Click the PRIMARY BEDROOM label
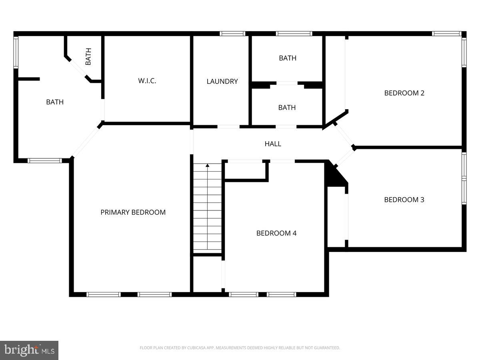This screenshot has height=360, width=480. [133, 212]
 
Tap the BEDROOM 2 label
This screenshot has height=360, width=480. [404, 93]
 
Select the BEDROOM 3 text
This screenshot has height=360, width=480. [404, 200]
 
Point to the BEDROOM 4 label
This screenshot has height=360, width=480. [276, 233]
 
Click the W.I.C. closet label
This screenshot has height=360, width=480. [147, 81]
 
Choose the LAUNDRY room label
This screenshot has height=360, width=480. [222, 82]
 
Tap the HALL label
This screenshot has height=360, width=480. [273, 144]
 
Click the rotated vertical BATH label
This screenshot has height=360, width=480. [88, 57]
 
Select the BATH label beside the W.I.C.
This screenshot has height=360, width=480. [55, 102]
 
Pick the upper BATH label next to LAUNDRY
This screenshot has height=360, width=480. [288, 58]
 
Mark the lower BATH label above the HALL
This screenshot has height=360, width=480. [287, 108]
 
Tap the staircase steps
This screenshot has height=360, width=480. [207, 212]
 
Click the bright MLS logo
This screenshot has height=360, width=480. [29, 350]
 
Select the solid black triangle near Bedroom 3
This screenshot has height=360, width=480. [335, 176]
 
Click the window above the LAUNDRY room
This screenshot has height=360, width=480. [233, 34]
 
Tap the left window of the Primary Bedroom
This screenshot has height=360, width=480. [104, 294]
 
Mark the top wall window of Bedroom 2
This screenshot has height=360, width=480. [447, 34]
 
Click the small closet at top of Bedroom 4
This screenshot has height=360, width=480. [245, 170]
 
